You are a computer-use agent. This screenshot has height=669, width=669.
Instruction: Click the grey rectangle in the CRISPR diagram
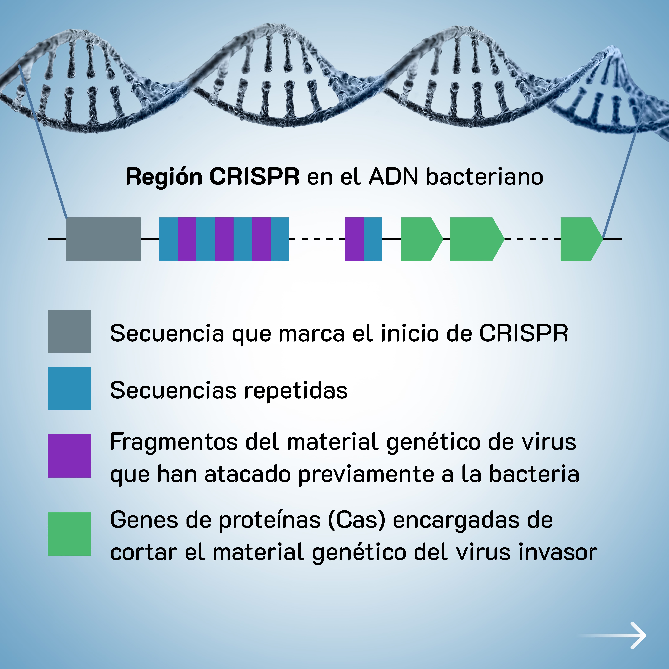pos(103,239)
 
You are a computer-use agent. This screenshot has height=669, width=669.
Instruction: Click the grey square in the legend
pos(69,331)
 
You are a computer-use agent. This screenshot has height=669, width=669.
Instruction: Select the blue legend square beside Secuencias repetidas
pos(69,388)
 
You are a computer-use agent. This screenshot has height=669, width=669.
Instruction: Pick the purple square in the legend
pos(69,456)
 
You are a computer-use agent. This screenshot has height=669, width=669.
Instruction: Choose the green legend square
pos(69,534)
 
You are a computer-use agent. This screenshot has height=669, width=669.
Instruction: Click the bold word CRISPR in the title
pos(254,177)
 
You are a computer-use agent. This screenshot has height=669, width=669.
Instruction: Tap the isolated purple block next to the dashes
pos(354,239)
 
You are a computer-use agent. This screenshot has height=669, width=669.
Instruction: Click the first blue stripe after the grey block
pos(168,239)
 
